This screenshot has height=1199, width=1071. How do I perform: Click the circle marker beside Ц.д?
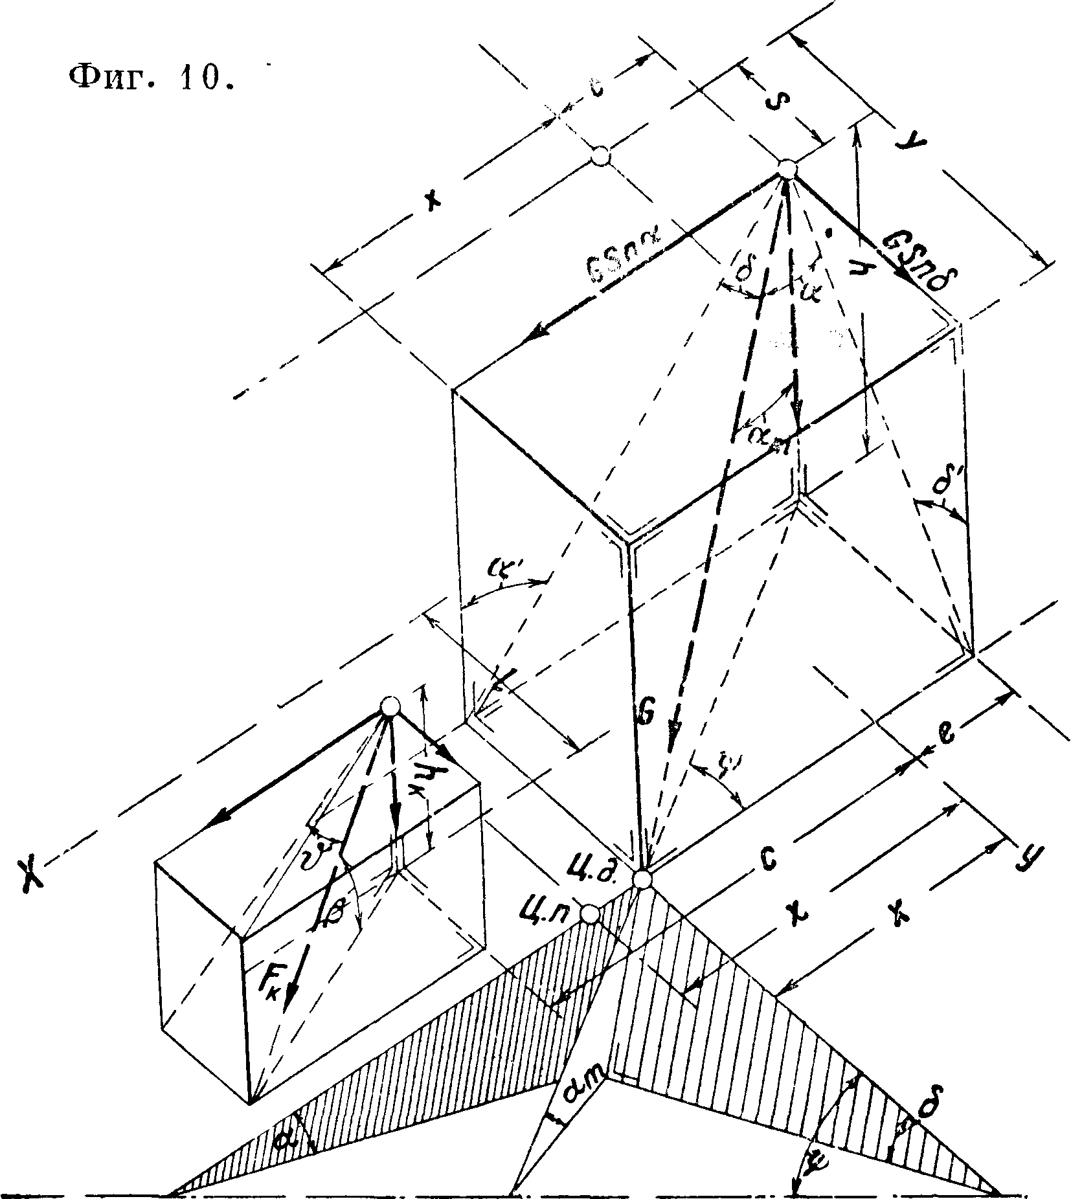pos(642,879)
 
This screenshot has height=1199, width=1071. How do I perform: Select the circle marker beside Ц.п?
pos(589,913)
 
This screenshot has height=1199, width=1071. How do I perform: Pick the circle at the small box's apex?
pos(389,706)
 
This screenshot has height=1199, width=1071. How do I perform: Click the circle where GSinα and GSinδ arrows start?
pos(787,169)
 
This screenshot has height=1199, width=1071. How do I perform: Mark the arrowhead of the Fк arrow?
pos(289,1011)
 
